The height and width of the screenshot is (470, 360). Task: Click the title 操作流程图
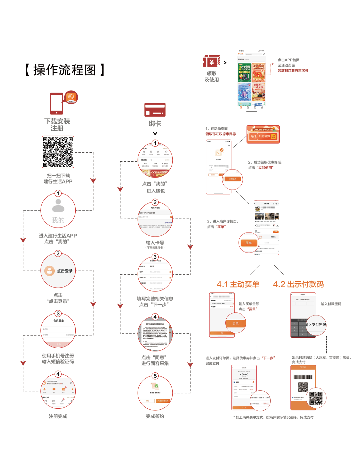(x=65, y=70)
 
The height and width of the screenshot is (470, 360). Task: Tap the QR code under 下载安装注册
(x=58, y=152)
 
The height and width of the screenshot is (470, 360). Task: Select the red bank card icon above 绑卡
(x=155, y=110)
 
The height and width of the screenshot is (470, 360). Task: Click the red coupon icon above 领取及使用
(x=212, y=62)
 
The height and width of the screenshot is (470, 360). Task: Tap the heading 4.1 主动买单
(x=238, y=284)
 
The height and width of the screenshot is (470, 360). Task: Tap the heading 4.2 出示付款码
(x=298, y=284)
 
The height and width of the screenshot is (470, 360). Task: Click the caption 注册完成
(x=58, y=416)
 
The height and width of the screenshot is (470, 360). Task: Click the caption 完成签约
(x=155, y=416)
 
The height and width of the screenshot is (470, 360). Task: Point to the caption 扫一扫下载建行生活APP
(x=58, y=179)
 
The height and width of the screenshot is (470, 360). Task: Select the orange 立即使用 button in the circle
(x=233, y=179)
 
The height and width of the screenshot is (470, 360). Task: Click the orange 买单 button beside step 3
(x=249, y=243)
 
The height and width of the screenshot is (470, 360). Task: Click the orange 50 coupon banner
(x=263, y=135)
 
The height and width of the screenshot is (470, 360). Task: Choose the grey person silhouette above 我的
(x=58, y=206)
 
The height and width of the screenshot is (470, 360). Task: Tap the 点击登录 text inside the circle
(x=65, y=271)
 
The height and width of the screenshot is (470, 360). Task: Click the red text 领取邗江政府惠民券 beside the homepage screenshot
(x=293, y=71)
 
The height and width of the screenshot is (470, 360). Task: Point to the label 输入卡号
(x=155, y=243)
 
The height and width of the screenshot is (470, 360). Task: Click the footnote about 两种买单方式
(x=273, y=417)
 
